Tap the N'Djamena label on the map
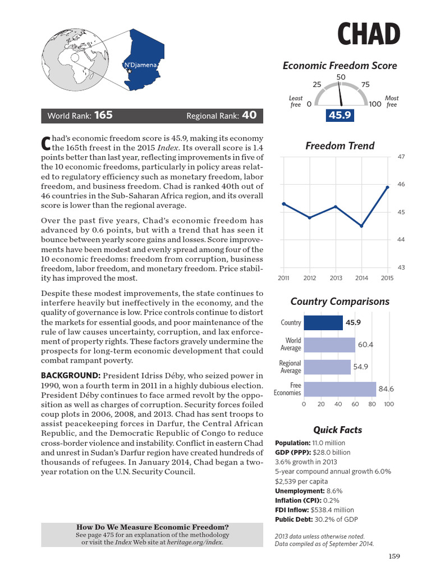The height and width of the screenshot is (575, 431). click(x=140, y=65)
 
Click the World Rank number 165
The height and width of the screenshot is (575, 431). click(x=103, y=116)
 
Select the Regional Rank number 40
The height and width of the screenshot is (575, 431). click(x=249, y=116)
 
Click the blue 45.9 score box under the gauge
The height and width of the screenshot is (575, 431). click(x=340, y=115)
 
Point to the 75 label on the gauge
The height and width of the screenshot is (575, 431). click(x=365, y=85)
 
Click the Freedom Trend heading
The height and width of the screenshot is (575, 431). click(x=340, y=146)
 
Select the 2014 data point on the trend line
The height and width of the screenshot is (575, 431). click(x=361, y=226)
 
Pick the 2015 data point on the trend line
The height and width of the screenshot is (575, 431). click(x=387, y=187)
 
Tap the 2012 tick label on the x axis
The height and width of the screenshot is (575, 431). click(x=310, y=278)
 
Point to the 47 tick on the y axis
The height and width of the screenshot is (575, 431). click(x=401, y=157)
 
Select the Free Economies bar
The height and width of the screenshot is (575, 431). click(x=340, y=389)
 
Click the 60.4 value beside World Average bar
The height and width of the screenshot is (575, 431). click(x=365, y=345)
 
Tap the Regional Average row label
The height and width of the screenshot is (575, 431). click(x=290, y=367)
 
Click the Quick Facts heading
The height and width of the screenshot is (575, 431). click(x=337, y=430)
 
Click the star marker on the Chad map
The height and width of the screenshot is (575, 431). click(x=130, y=72)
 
